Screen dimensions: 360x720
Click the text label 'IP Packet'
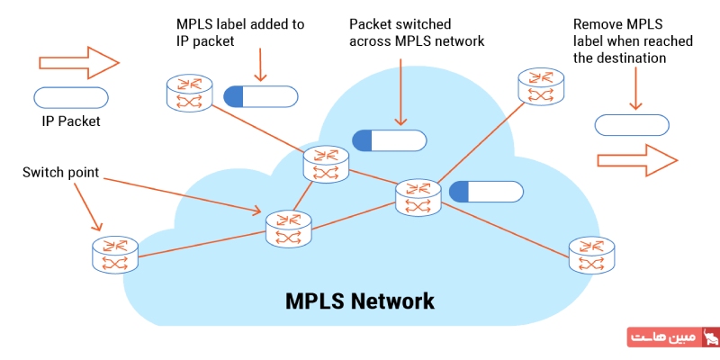tap(71, 121)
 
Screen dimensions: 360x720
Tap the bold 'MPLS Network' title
tap(360, 300)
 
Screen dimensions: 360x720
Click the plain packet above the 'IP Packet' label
tap(71, 97)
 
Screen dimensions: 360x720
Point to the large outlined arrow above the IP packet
tap(79, 63)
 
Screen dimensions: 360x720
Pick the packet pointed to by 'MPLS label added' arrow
tap(260, 96)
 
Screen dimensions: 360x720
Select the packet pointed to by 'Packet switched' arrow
tap(389, 140)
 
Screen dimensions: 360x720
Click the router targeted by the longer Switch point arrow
tap(288, 229)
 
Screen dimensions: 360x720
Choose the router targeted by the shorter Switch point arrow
tap(115, 255)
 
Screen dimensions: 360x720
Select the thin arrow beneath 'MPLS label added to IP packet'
tap(260, 64)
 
